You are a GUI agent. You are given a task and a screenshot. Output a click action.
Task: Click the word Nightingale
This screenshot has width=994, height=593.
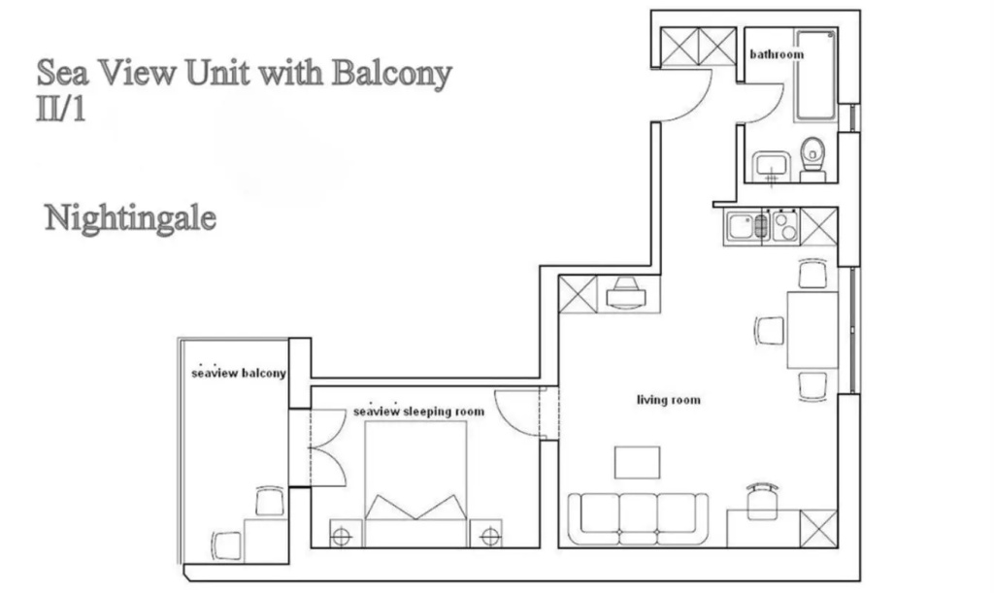click(x=130, y=218)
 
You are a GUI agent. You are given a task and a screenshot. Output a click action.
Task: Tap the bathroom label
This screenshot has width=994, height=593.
click(x=777, y=54)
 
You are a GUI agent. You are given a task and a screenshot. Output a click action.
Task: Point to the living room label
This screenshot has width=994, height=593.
click(x=669, y=400)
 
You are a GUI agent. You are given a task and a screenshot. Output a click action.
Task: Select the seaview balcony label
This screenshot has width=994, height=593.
click(x=239, y=373)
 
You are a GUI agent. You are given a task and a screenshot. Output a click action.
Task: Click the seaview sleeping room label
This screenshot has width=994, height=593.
click(x=418, y=412)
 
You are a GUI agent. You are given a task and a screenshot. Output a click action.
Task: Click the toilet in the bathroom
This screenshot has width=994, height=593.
click(x=812, y=159)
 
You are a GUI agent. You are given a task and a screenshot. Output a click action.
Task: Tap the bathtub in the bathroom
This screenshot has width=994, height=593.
click(x=815, y=74)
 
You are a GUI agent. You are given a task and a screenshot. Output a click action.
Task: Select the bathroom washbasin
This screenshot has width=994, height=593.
click(x=772, y=166)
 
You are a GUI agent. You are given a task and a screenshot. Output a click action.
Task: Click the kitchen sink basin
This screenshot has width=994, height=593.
click(x=741, y=227)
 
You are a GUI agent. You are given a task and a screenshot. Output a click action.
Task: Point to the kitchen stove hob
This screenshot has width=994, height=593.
click(x=784, y=226)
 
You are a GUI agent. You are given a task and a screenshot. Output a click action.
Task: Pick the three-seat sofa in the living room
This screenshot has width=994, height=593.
click(x=638, y=519)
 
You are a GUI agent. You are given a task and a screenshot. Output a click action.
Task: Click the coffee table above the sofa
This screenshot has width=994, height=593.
click(x=637, y=463)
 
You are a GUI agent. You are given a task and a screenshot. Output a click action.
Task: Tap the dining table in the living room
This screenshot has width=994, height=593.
click(x=812, y=329)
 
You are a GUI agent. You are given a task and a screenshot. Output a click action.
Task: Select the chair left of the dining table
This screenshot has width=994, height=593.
click(x=770, y=331)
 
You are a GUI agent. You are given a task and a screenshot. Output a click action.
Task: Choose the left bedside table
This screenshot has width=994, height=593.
click(x=346, y=534)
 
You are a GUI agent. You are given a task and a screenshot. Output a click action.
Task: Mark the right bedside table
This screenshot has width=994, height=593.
click(x=486, y=534)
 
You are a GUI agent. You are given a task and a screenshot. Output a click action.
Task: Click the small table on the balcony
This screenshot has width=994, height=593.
click(x=266, y=539)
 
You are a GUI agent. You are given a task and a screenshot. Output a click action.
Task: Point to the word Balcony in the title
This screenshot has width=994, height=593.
click(x=392, y=73)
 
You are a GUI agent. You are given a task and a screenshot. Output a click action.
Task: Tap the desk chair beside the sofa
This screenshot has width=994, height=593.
click(x=761, y=501)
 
